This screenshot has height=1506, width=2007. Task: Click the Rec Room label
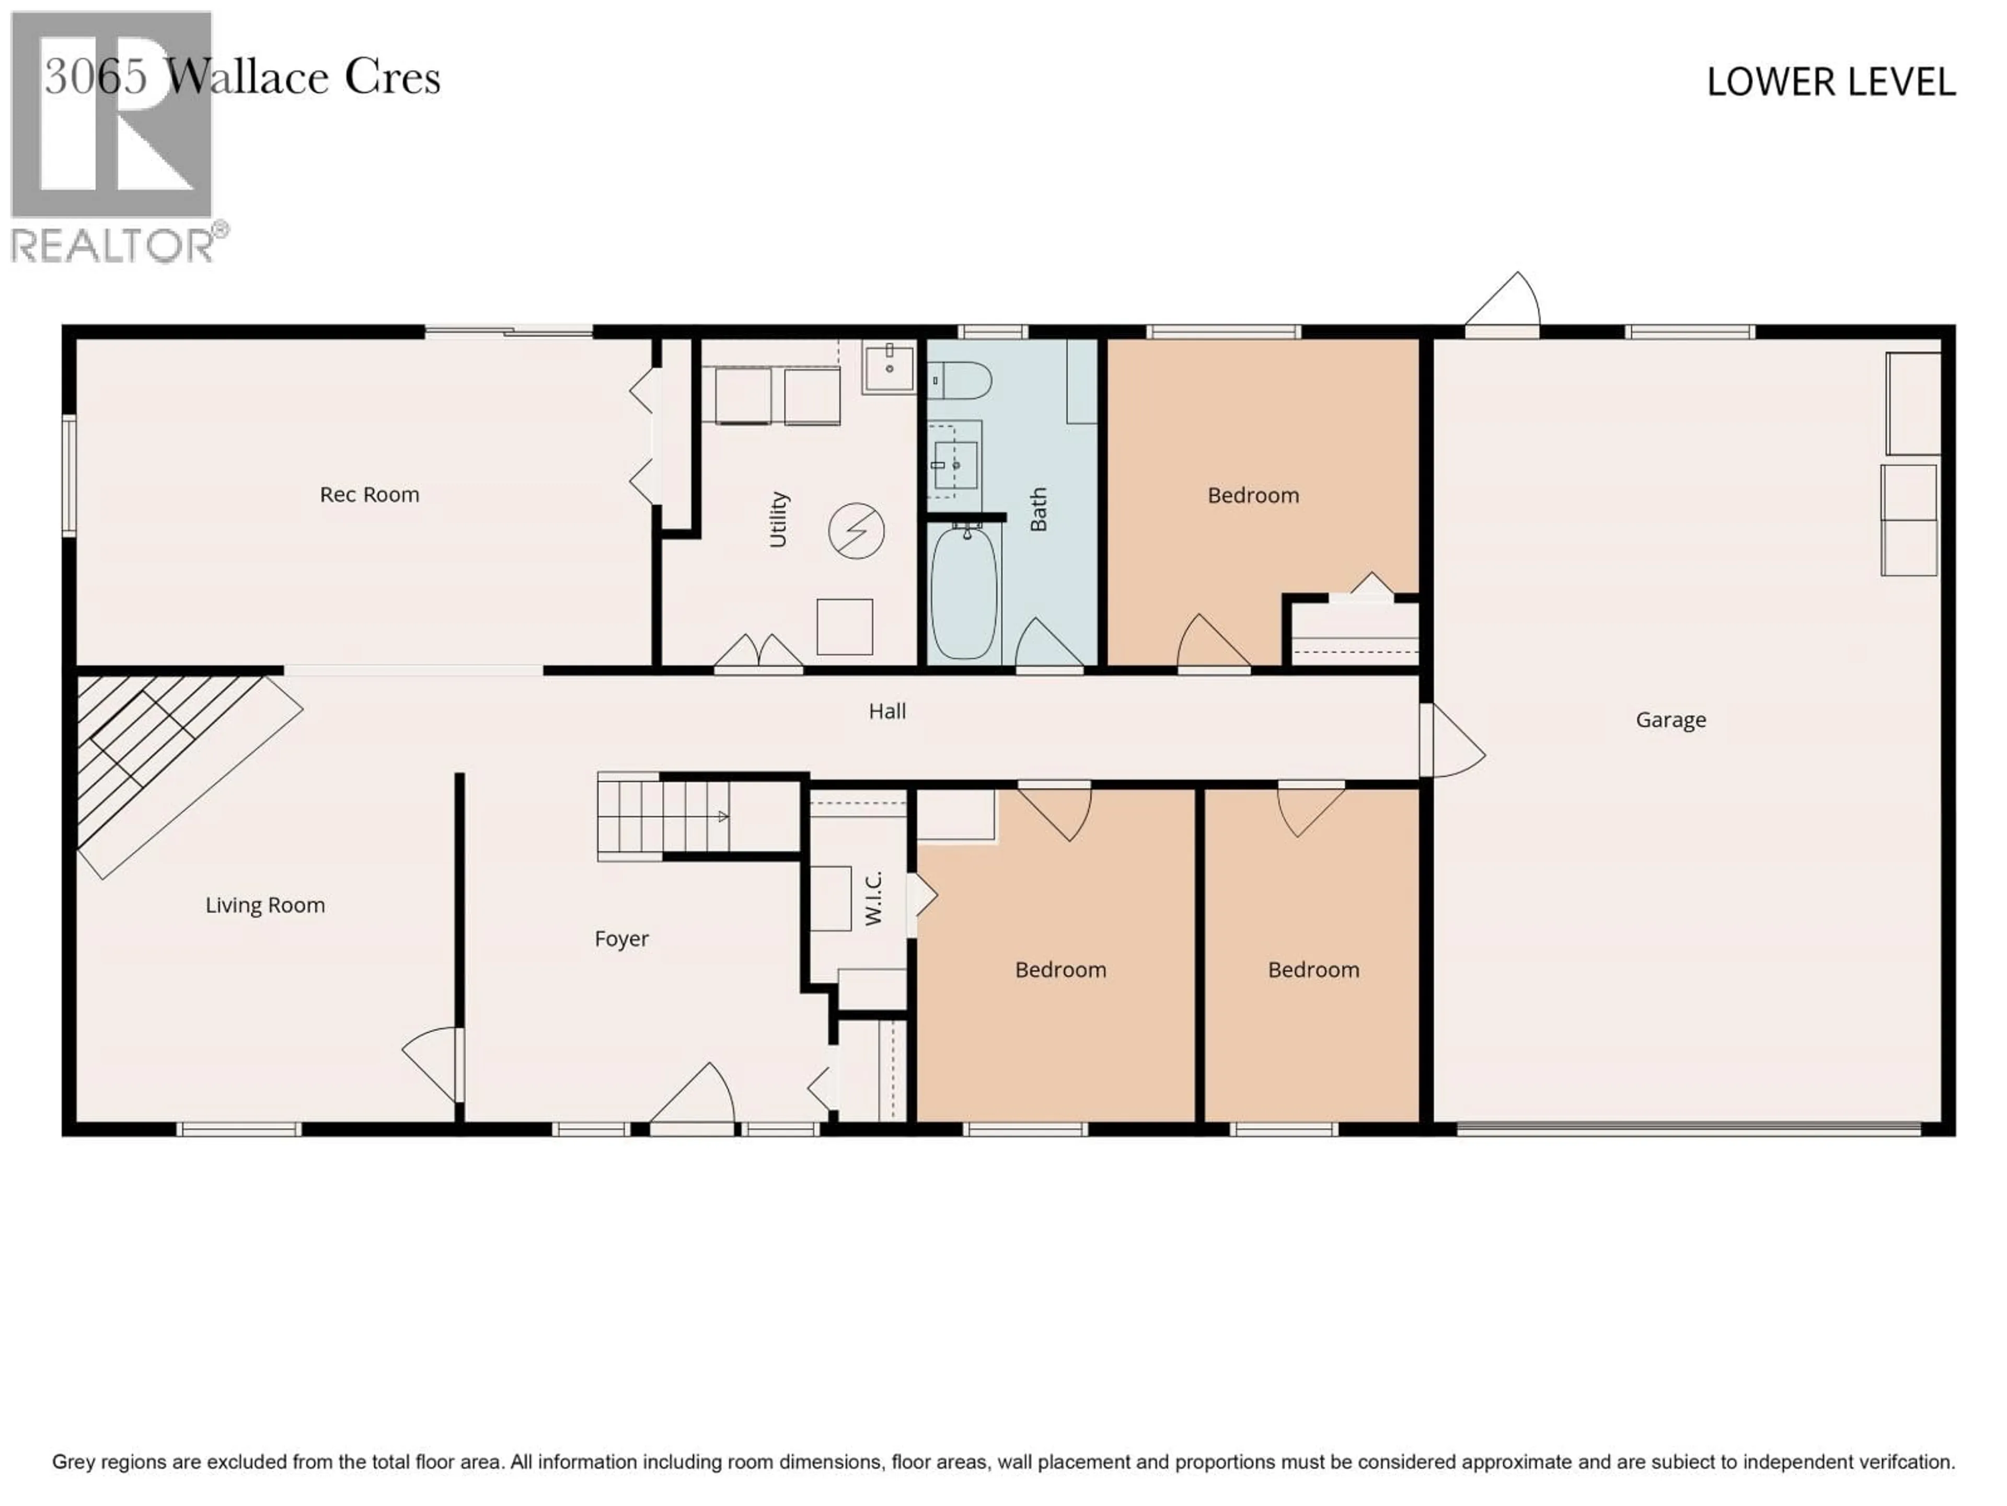(x=370, y=495)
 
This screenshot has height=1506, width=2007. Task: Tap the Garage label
(x=1670, y=720)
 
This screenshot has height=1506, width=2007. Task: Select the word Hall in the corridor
(x=886, y=711)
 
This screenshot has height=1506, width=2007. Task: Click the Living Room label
(x=265, y=905)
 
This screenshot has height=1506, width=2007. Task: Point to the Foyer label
(x=621, y=939)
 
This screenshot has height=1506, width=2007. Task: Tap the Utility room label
(x=778, y=519)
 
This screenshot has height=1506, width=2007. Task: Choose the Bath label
(x=1038, y=509)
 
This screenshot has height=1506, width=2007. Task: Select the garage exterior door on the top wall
(x=1503, y=304)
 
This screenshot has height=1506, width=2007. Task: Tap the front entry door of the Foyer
(x=693, y=1099)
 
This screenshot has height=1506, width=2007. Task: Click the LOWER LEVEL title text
(x=1830, y=83)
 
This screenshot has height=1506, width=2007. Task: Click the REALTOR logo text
(x=113, y=245)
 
